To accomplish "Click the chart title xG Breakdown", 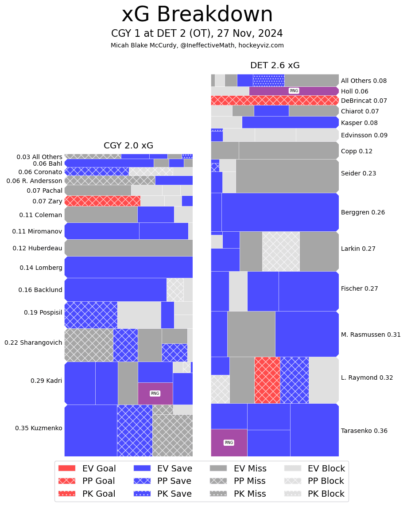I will pos(197,15).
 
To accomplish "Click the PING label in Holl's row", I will pos(294,91).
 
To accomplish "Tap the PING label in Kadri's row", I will pos(155,393).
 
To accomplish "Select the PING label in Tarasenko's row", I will pos(229,443).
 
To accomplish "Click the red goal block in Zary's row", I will pos(102,201).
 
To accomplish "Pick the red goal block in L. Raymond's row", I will pos(267,380).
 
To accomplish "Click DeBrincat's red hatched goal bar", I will pos(275,101).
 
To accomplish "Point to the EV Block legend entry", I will pos(314,468).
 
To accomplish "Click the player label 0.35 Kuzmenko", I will pos(39,428).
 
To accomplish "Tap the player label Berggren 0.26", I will pos(363,212).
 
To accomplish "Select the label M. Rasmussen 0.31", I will pos(370,335).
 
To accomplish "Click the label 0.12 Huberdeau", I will pos(37,248).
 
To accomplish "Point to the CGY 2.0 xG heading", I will pos(128,145).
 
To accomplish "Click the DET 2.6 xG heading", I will pos(275,66).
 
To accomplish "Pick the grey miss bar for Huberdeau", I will pos(128,248).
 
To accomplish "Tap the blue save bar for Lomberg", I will pos(128,267).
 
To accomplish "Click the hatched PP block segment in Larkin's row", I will pos(281,251).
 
